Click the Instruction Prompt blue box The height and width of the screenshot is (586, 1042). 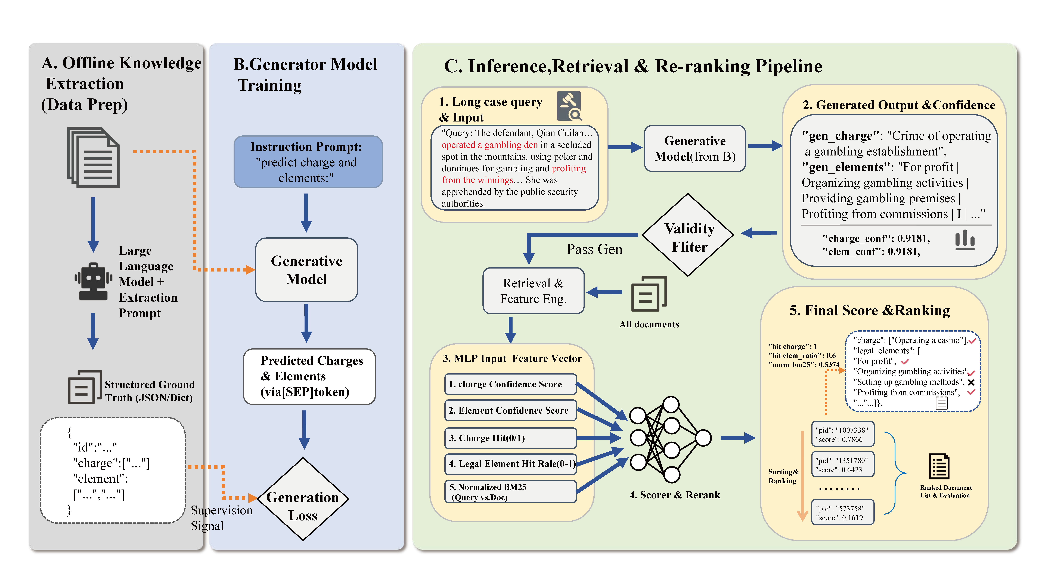(x=308, y=162)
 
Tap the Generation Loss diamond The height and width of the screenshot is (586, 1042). (x=303, y=499)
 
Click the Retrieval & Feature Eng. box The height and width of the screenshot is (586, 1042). (x=533, y=291)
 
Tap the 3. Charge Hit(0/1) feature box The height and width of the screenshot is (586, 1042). (x=510, y=438)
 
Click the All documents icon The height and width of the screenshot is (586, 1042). (x=648, y=294)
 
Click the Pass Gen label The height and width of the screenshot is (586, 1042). (x=594, y=249)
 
